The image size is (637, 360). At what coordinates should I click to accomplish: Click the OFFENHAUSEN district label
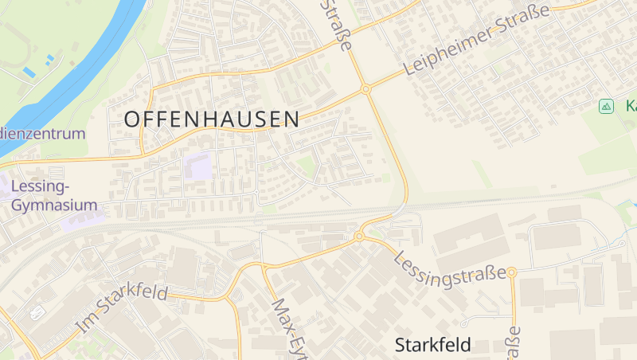[x=213, y=119]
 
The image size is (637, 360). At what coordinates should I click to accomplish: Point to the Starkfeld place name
[x=433, y=345]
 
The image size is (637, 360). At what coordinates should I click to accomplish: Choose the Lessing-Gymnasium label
[x=53, y=196]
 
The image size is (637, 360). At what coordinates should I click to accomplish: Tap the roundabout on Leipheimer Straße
[x=366, y=89]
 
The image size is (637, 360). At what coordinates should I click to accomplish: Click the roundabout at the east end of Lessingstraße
[x=512, y=272]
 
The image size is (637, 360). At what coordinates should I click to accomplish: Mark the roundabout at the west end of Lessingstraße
[x=359, y=237]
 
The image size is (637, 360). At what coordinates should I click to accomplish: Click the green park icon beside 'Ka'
[x=606, y=106]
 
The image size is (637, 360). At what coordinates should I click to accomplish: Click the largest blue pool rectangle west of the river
[x=29, y=72]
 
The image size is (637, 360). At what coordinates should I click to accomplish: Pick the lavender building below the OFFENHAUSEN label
[x=198, y=167]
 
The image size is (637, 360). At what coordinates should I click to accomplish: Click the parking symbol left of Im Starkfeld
[x=37, y=313]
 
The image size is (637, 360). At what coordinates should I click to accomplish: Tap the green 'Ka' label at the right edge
[x=630, y=106]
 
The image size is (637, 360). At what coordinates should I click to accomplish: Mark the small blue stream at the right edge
[x=626, y=209]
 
